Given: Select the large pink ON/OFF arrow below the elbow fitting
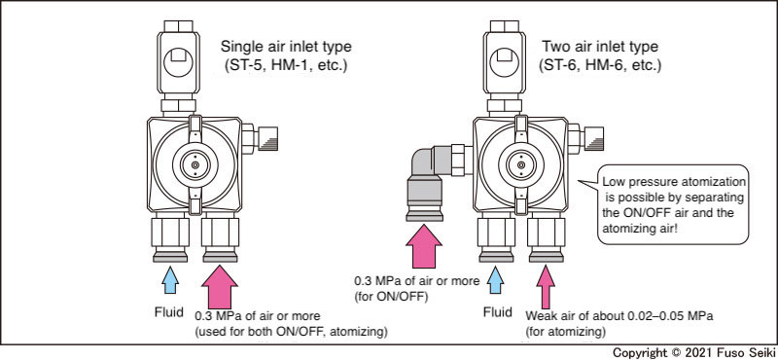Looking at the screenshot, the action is tap(423, 246).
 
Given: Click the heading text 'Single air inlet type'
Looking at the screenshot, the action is tap(286, 47).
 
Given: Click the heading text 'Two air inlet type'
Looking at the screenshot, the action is tap(600, 47).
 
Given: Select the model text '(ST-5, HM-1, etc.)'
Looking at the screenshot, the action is tap(283, 65).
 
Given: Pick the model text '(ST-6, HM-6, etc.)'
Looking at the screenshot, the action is tap(600, 65).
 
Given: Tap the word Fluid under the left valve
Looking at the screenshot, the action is tap(167, 312).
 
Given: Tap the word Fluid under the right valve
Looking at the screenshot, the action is tap(498, 312).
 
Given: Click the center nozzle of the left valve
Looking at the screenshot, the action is tap(195, 164).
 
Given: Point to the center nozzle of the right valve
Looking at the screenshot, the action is tap(520, 164).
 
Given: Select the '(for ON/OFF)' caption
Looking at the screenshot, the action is tap(384, 298).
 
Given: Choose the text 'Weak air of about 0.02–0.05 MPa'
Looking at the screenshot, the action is tap(619, 316).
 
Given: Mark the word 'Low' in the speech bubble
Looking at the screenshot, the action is tap(613, 182).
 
